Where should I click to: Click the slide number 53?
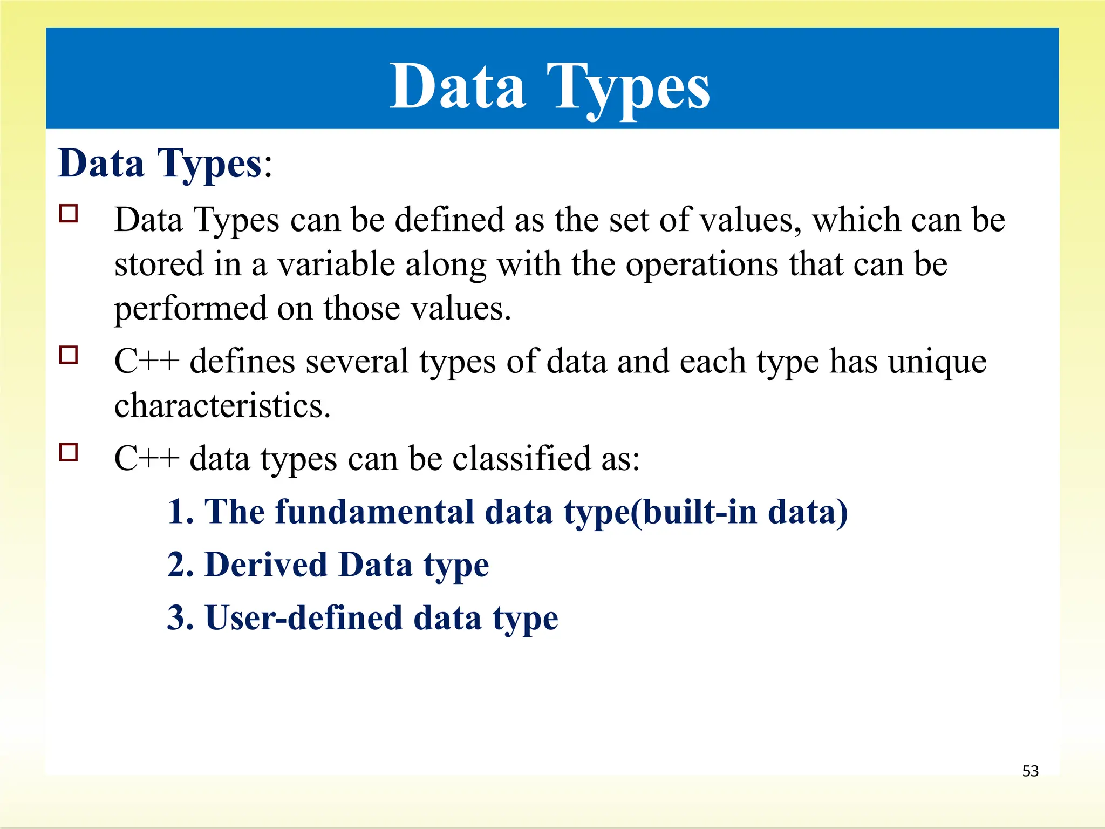(x=1030, y=771)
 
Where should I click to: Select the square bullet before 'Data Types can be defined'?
(x=69, y=213)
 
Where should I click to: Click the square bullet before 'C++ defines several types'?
(x=69, y=355)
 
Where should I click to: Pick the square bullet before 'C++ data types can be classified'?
(x=69, y=452)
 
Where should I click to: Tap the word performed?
(x=190, y=309)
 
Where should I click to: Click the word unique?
(x=937, y=362)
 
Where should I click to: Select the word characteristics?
(x=222, y=406)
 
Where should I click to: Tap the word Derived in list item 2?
(x=266, y=565)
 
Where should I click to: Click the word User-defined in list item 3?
(x=304, y=618)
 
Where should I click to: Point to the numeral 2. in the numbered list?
(x=180, y=565)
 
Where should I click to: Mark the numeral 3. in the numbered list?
(x=180, y=618)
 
